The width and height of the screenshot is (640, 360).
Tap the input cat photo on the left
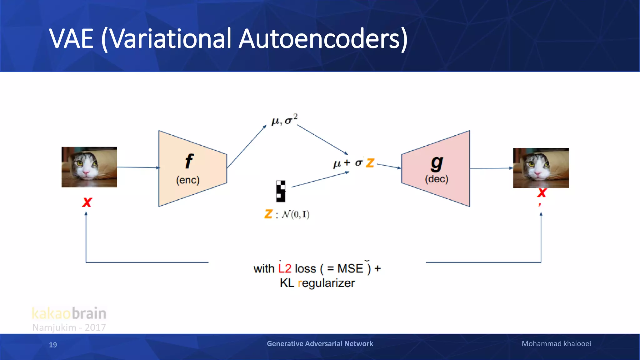coord(89,167)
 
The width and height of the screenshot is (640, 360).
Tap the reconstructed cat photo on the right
coord(541,168)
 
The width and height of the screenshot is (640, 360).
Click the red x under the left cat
coord(87,202)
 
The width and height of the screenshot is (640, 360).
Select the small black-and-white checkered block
coord(281,191)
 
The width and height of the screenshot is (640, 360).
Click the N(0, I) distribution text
coord(295,214)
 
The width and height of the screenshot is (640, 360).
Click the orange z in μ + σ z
coord(370,163)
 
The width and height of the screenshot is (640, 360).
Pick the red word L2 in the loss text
coord(284,268)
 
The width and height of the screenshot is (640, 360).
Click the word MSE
coord(350,268)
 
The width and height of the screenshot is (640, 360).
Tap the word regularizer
coord(326,283)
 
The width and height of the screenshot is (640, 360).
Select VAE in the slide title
coord(71,39)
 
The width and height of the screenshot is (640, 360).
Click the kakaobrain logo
coord(69,313)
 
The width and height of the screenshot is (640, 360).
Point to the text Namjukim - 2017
coord(69,327)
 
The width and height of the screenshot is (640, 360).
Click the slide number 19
coord(53,345)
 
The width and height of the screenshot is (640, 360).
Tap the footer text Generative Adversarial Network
coord(320,344)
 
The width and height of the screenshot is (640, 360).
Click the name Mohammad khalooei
coord(556,344)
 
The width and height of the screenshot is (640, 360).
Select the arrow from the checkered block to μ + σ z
coord(320,180)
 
